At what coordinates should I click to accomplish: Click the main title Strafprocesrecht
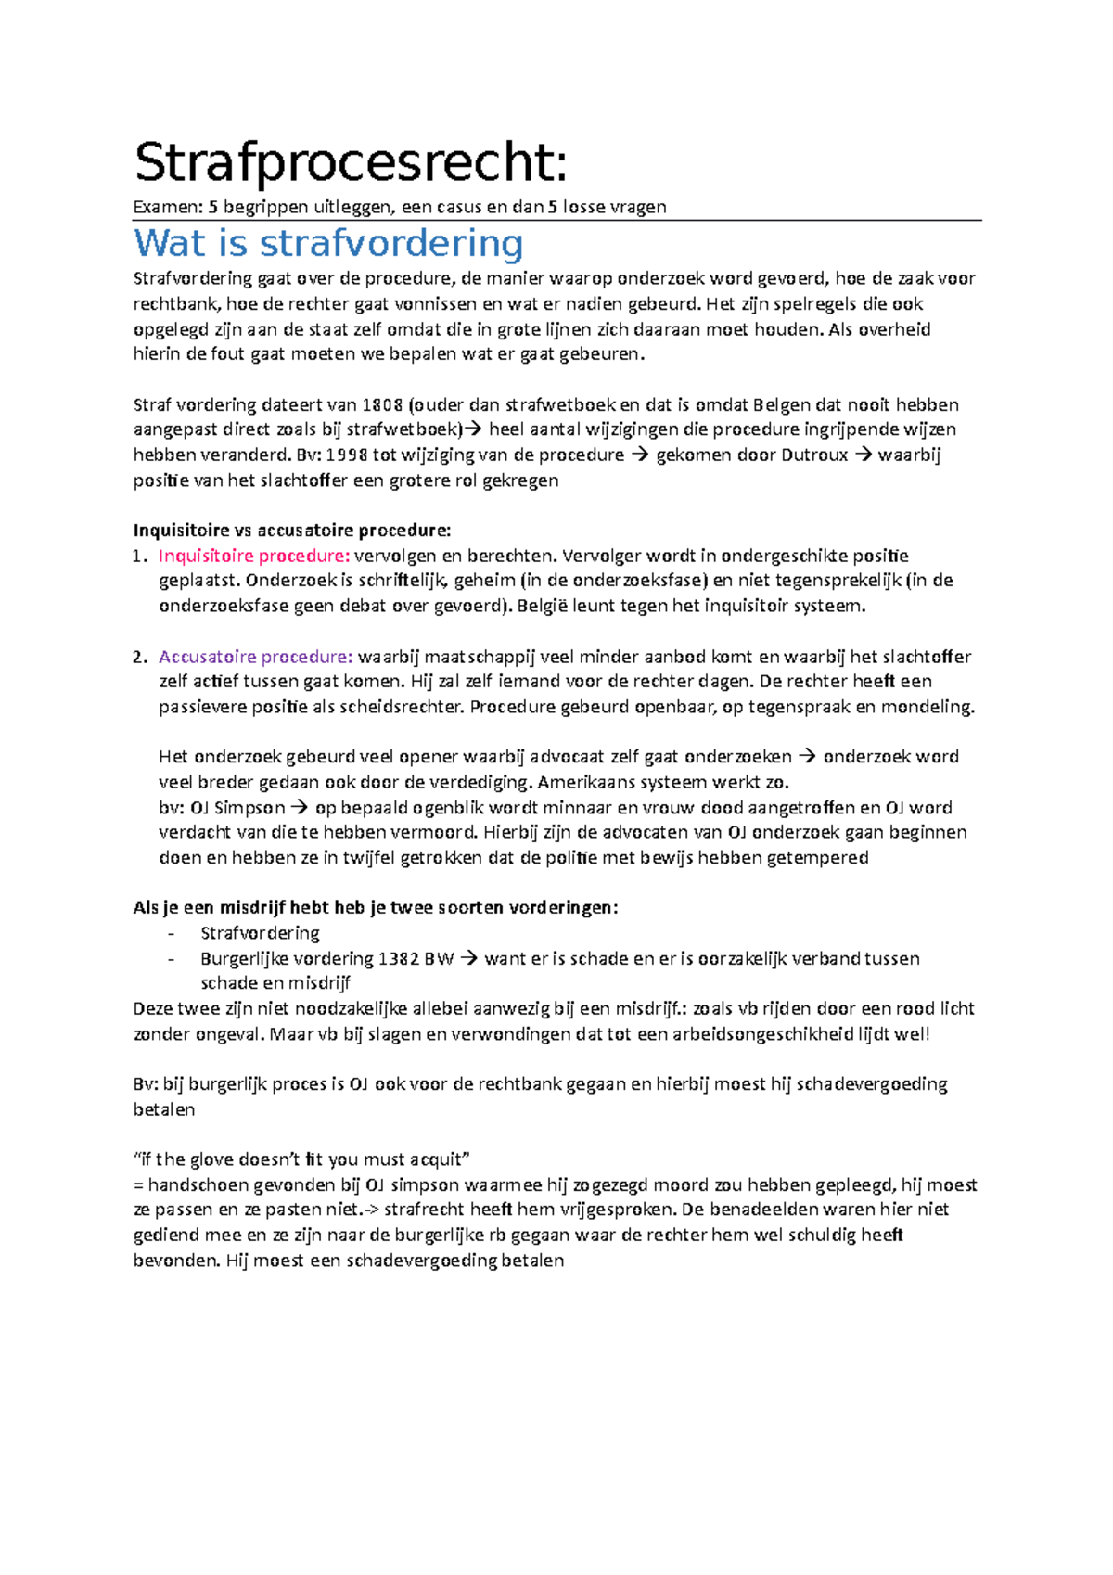(351, 163)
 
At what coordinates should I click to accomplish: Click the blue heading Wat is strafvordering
(328, 244)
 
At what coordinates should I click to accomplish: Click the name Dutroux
(814, 455)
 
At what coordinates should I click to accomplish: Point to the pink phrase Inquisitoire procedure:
(253, 557)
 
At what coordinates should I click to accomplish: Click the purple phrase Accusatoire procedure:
(255, 658)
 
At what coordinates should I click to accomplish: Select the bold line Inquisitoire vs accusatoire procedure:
(292, 531)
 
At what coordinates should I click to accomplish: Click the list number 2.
(138, 658)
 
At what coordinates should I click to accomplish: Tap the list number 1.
(138, 557)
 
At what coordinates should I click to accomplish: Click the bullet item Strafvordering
(260, 933)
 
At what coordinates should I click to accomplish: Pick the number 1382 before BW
(398, 959)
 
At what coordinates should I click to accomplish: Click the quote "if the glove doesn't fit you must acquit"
(302, 1159)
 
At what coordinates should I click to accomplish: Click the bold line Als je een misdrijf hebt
(376, 908)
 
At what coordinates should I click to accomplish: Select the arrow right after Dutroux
(863, 455)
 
